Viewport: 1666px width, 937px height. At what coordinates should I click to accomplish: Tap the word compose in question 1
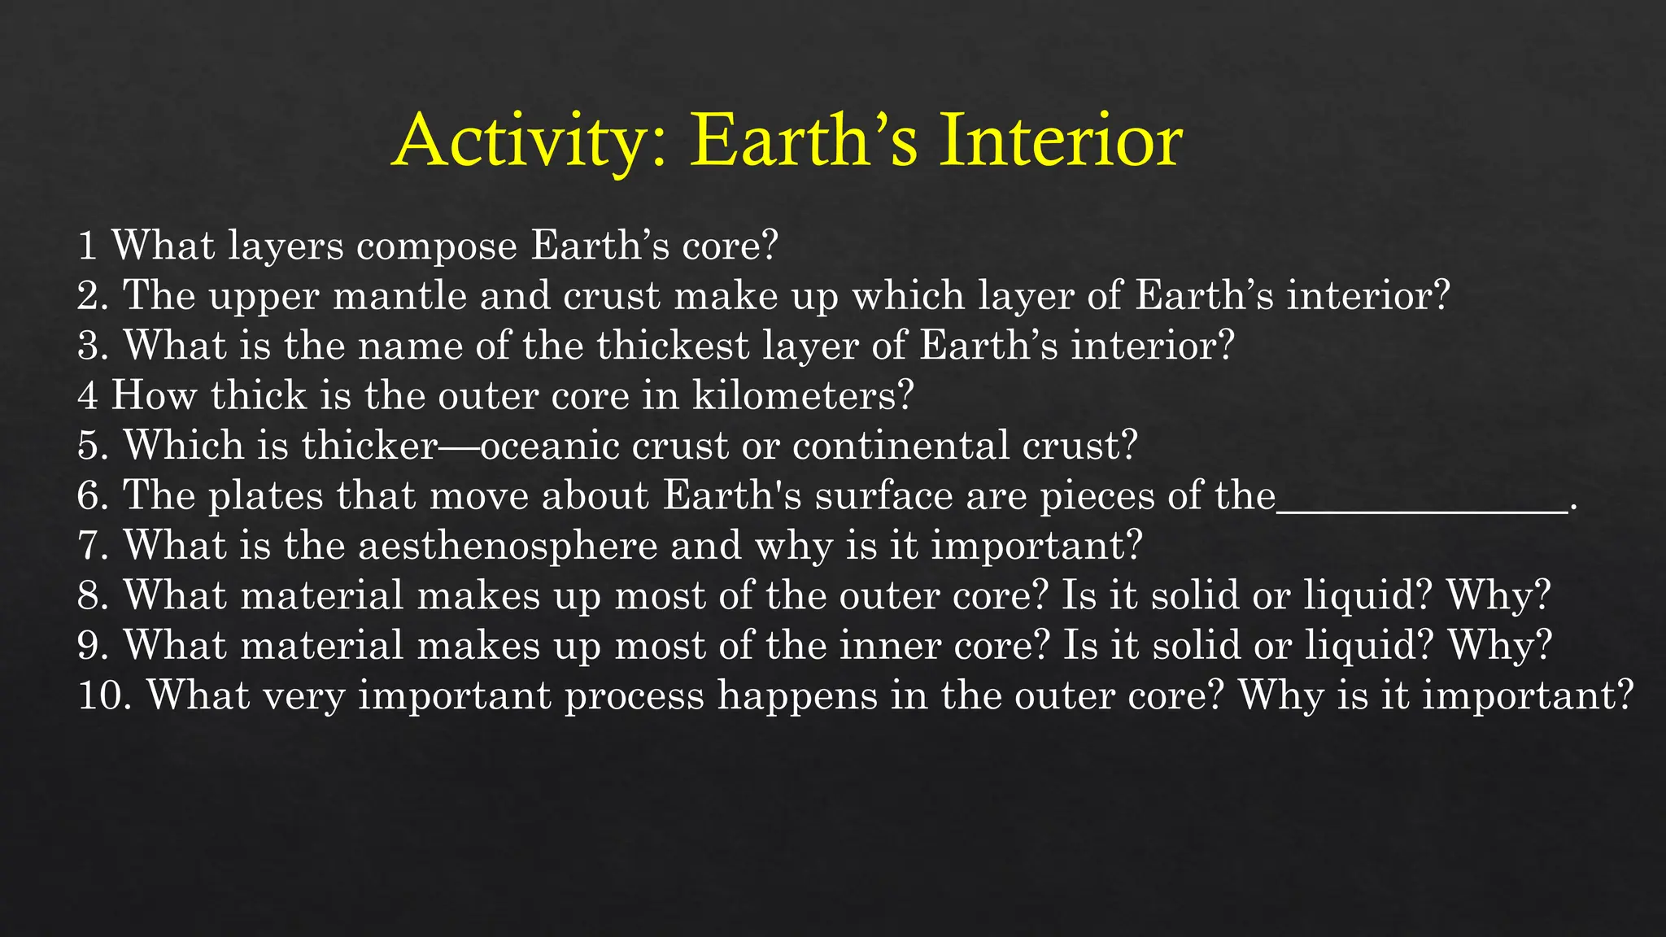tap(437, 246)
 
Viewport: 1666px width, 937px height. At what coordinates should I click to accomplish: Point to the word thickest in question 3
tap(673, 346)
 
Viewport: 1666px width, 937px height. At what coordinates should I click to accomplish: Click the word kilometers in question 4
tap(803, 396)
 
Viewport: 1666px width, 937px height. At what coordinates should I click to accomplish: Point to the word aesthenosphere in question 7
tap(508, 546)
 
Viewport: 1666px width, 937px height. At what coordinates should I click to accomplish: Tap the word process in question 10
tap(635, 696)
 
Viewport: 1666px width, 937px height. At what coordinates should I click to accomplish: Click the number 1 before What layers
tap(87, 246)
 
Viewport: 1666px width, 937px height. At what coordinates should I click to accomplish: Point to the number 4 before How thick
tap(88, 396)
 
